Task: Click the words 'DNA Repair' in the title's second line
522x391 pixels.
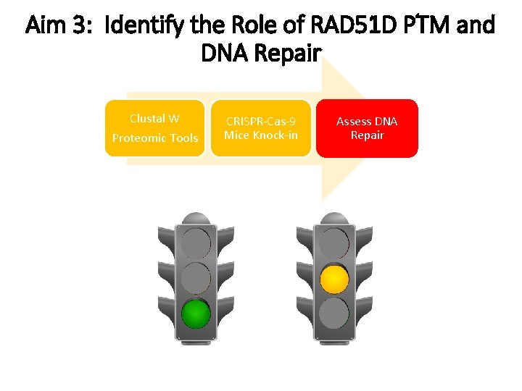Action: click(x=260, y=54)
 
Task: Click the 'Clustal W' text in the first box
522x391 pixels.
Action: click(x=154, y=119)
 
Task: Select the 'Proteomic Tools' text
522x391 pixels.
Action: click(x=154, y=138)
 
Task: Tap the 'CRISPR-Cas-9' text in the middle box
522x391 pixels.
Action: click(x=260, y=122)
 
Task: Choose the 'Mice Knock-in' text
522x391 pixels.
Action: click(x=260, y=135)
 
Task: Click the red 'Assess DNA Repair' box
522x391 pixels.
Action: click(x=367, y=128)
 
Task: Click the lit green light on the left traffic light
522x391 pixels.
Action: click(x=195, y=314)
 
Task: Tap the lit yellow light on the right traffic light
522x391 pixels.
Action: click(x=334, y=279)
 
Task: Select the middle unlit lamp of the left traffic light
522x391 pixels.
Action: click(x=195, y=279)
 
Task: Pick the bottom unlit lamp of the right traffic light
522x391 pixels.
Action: click(x=334, y=314)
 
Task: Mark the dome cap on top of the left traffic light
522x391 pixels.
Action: click(x=195, y=218)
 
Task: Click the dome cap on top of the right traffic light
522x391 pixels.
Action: click(x=334, y=218)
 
